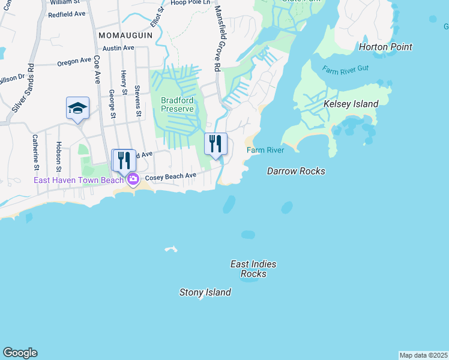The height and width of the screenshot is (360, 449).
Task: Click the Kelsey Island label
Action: point(351,104)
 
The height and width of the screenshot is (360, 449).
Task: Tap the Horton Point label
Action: point(385,47)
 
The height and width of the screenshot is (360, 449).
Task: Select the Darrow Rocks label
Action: point(296,171)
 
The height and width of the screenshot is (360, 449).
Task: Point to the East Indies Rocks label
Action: point(254,269)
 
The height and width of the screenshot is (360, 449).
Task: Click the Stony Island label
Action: point(205,293)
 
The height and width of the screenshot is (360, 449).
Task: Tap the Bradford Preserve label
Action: point(177,104)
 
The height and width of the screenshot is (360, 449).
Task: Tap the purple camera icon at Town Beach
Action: point(133,179)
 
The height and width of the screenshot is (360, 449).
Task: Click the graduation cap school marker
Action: point(78,109)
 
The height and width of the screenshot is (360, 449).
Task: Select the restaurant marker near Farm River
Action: point(216,144)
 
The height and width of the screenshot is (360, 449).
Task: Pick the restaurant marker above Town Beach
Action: point(124,161)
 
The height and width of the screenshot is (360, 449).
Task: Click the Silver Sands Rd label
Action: point(22,86)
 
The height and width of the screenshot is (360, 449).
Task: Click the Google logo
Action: point(20,353)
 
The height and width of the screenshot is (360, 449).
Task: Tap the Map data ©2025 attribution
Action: point(423,355)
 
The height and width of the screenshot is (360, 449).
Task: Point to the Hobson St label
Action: point(59,156)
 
